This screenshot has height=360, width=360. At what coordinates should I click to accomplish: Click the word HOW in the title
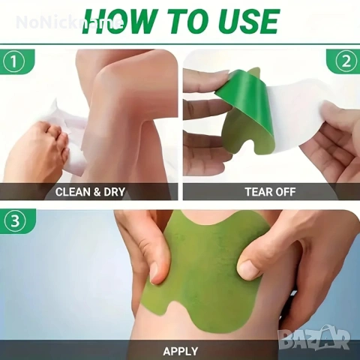(x=118, y=21)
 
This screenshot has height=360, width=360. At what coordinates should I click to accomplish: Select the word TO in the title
(x=186, y=21)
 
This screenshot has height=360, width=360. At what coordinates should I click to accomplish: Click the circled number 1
(x=14, y=61)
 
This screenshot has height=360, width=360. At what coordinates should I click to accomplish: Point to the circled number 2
(x=346, y=61)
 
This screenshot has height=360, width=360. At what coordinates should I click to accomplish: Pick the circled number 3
(x=15, y=220)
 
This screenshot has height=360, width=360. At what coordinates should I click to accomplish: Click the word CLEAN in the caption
(x=73, y=192)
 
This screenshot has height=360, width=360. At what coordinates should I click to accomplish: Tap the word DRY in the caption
(x=114, y=192)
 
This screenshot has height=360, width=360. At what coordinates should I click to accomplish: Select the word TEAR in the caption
(x=257, y=192)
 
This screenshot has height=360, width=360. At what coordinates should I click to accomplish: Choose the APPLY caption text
(x=180, y=351)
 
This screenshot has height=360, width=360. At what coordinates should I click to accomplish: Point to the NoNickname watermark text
(x=69, y=22)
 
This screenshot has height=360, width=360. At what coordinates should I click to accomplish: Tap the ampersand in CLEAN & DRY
(x=97, y=192)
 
